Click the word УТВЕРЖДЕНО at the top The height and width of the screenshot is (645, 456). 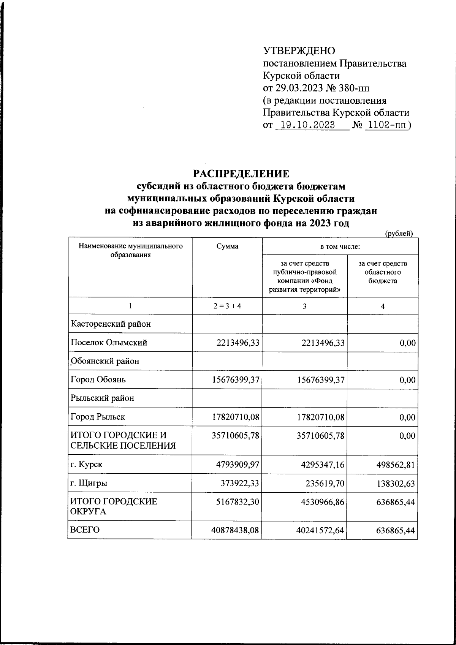299,51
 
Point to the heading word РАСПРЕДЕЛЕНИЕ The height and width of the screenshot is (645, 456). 241,174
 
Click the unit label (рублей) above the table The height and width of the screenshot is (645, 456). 399,234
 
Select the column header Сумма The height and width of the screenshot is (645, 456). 227,247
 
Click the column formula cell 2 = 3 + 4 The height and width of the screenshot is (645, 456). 227,306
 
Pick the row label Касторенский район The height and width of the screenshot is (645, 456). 110,324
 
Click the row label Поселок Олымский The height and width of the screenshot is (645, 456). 109,343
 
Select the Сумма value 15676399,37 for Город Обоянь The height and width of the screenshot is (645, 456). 236,380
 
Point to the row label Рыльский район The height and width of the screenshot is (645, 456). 102,398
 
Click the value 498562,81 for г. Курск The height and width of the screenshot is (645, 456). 394,465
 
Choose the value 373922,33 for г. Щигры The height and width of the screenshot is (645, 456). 240,484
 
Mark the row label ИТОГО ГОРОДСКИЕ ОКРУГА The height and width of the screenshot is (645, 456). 114,506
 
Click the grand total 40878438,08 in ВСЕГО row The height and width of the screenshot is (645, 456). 236,530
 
